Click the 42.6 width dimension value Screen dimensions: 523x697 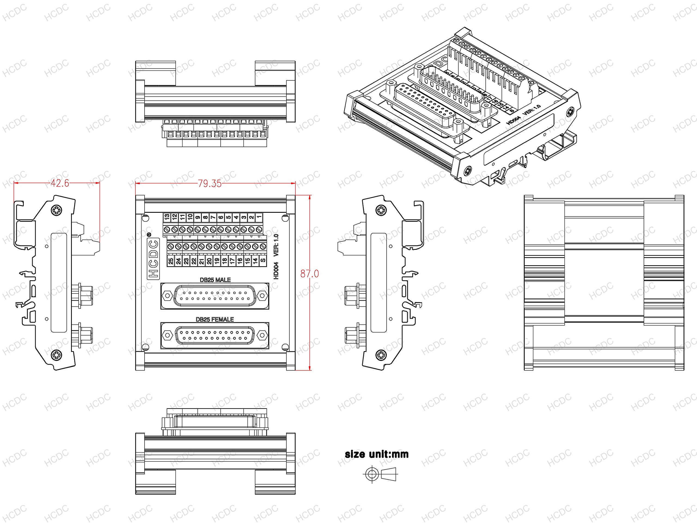60,183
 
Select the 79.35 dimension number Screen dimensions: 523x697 210,184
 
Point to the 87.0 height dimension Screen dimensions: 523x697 309,274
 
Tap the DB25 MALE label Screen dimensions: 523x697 215,280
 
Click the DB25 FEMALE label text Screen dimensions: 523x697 215,319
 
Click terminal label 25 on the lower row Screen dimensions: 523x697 171,261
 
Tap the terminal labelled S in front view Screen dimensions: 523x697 263,261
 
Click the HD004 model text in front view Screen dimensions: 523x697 276,270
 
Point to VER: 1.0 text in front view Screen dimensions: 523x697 276,245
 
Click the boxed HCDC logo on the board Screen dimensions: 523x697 154,259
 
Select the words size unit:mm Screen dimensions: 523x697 377,454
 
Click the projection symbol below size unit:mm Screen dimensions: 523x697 381,473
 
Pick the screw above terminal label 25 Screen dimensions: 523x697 170,246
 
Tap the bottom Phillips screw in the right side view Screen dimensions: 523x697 381,355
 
